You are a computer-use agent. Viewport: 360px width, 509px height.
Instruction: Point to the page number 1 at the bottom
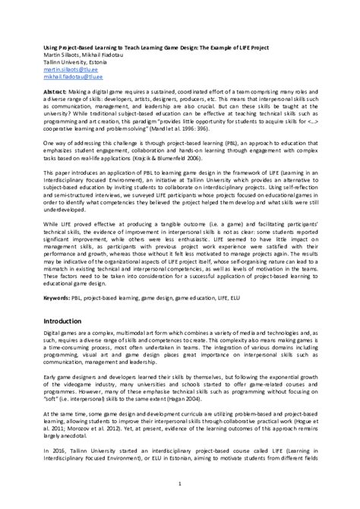pos(180,483)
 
